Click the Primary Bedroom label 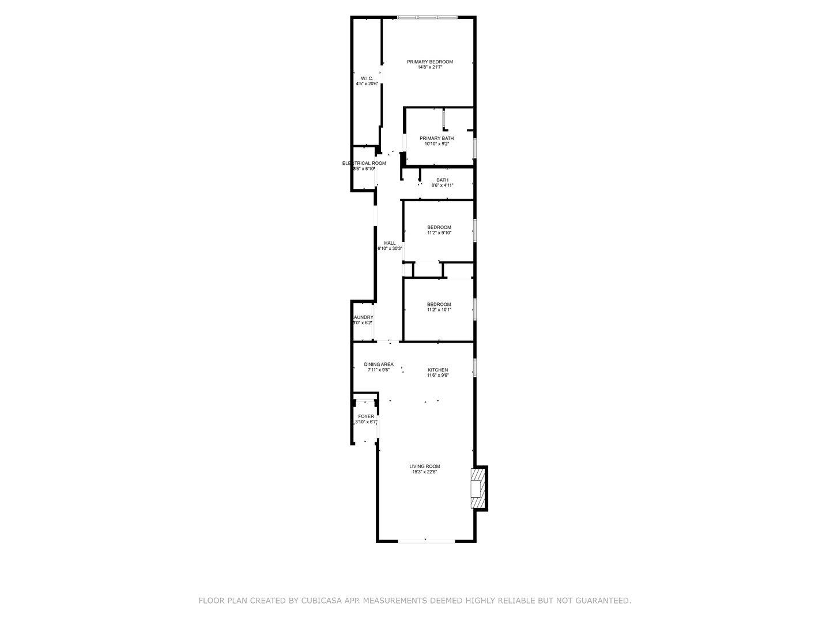coord(429,62)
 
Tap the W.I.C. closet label coord(367,79)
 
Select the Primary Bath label coord(436,138)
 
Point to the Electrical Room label coord(364,164)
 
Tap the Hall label coord(390,243)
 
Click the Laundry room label coord(363,317)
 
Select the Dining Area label coord(379,365)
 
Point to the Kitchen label coord(437,370)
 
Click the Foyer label coord(366,416)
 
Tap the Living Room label coord(425,466)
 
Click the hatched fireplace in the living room coord(478,488)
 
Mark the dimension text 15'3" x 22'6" coord(425,472)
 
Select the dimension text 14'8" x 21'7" coord(429,67)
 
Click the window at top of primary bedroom coord(427,17)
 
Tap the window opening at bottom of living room coord(426,540)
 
